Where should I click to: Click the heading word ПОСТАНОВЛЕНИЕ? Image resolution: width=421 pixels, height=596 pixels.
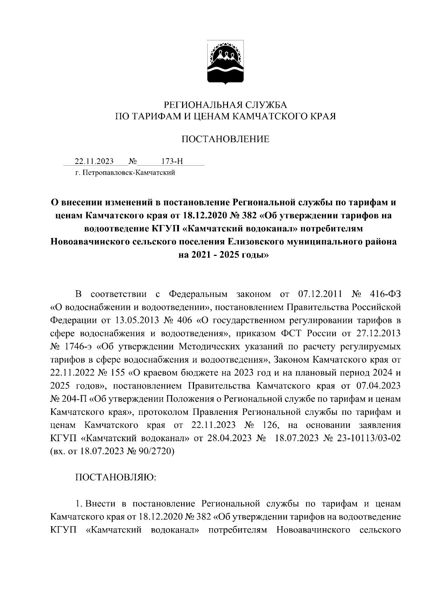pos(225,139)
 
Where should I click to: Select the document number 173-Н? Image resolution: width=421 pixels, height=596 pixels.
pos(172,161)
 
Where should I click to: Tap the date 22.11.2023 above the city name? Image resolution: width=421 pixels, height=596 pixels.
pos(94,161)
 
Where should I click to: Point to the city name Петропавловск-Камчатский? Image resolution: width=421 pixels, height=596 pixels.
pos(128,173)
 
